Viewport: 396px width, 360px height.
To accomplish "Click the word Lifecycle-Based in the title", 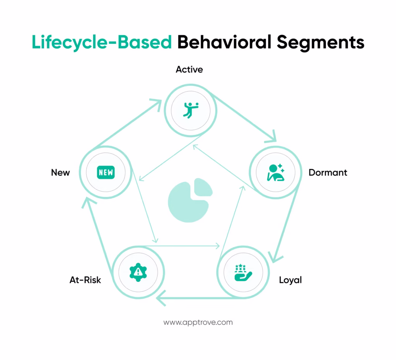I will point(102,42).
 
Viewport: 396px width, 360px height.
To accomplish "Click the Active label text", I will point(189,70).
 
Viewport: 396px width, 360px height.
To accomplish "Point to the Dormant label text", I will point(328,173).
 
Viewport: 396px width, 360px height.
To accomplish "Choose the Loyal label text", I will point(290,280).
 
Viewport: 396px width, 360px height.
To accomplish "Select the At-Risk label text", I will point(85,280).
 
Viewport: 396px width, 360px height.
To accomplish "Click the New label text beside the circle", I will point(60,173).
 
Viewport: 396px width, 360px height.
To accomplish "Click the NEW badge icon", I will point(106,172).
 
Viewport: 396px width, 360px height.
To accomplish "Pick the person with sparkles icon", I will point(275,172).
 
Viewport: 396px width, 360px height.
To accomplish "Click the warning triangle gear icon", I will point(138,272).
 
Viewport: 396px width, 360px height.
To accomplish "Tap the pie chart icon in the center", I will point(189,200).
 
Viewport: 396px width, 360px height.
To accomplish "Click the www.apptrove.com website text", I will point(198,322).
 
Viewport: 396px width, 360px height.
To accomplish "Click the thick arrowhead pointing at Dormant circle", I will point(271,137).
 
